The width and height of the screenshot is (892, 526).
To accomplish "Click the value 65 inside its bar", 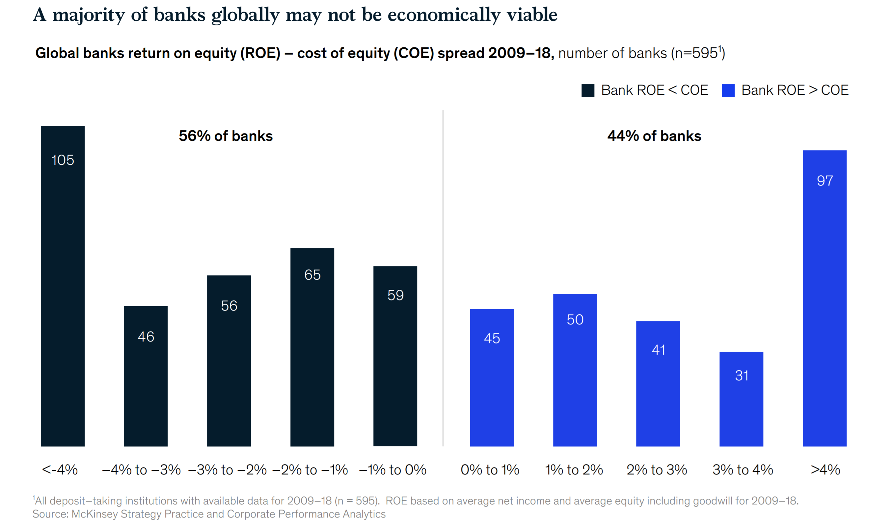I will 312,275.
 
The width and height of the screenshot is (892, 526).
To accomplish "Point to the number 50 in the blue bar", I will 575,320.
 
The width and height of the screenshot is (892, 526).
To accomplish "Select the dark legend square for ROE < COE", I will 587,90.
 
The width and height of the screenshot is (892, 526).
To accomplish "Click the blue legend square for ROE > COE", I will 728,90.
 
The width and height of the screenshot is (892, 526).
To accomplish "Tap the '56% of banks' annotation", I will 226,136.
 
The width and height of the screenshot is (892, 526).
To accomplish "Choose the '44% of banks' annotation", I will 654,136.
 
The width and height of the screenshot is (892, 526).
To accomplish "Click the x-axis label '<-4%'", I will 60,470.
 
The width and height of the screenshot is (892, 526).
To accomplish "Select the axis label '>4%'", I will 825,470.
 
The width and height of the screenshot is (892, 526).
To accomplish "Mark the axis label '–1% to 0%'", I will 392,470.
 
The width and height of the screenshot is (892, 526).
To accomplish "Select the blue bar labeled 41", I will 658,384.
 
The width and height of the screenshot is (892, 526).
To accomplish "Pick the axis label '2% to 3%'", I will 657,470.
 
